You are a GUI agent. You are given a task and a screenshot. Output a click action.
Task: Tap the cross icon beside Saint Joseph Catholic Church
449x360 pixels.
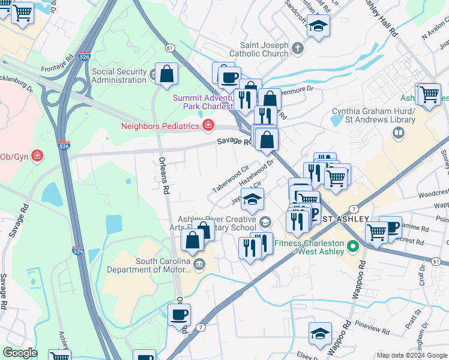click(x=298, y=46)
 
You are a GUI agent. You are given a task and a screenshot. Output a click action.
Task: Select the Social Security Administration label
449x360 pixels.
click(x=119, y=76)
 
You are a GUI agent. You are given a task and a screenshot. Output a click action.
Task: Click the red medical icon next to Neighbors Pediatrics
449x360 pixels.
click(x=208, y=125)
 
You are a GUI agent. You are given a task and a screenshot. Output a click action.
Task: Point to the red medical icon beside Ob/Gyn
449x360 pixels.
click(x=37, y=156)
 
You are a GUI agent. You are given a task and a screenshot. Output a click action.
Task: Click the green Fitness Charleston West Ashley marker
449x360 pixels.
click(x=354, y=246)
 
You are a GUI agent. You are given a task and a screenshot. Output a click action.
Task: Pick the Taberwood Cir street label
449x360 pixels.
click(x=230, y=179)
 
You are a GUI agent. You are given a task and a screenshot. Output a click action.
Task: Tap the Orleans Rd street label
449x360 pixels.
click(x=163, y=176)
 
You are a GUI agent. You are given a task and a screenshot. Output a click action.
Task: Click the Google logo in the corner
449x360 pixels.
click(x=20, y=353)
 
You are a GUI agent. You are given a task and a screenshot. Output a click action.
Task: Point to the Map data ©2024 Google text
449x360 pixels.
click(x=412, y=355)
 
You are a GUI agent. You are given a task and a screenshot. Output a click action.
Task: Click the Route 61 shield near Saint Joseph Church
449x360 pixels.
click(x=170, y=47)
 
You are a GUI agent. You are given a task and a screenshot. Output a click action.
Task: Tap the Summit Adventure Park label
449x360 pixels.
click(x=201, y=103)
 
